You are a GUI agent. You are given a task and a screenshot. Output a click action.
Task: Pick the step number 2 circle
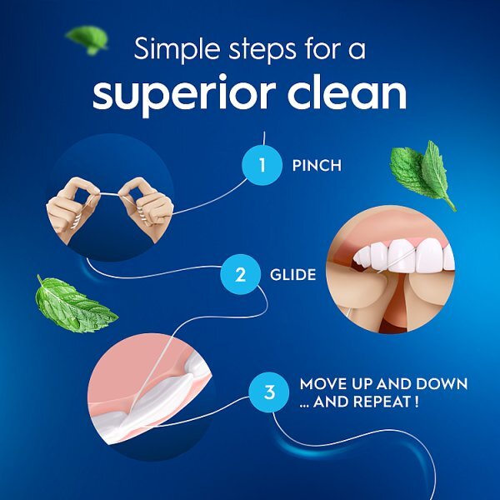[240, 274]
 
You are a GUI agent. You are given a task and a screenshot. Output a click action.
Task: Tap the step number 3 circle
[268, 392]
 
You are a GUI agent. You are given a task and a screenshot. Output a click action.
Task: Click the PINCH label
[317, 165]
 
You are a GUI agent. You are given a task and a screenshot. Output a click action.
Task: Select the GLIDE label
[292, 274]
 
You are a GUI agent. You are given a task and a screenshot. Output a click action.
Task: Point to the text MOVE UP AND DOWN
[383, 384]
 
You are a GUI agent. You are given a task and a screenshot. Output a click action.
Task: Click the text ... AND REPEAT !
[358, 401]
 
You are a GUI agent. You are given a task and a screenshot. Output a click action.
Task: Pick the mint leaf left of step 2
[73, 305]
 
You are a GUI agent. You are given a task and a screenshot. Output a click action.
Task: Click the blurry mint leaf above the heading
[87, 37]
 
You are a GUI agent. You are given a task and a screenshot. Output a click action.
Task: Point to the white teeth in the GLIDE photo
[400, 253]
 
